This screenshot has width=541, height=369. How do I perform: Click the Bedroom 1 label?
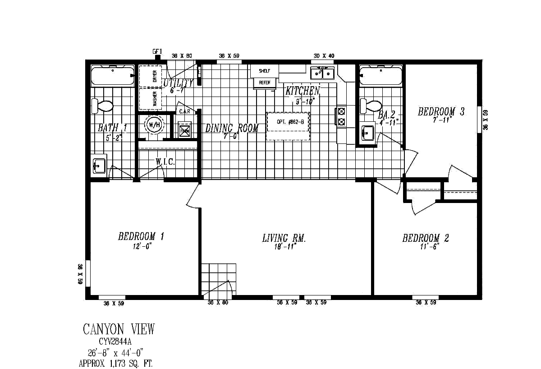pyautogui.click(x=141, y=236)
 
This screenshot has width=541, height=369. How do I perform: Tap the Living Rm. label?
pyautogui.click(x=284, y=238)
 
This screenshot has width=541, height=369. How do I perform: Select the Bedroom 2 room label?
pyautogui.click(x=425, y=238)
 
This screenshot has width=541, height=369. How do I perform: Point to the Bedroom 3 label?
pyautogui.click(x=441, y=112)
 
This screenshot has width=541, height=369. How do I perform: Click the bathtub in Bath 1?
pyautogui.click(x=113, y=76)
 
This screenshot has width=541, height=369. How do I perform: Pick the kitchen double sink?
pyautogui.click(x=322, y=73)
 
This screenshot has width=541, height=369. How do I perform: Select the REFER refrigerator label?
pyautogui.click(x=264, y=83)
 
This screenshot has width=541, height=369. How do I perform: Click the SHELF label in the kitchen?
pyautogui.click(x=264, y=71)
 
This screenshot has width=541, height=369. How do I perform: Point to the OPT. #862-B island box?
pyautogui.click(x=288, y=126)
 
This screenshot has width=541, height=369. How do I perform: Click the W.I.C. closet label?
pyautogui.click(x=165, y=161)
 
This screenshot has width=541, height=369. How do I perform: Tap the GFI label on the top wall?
pyautogui.click(x=157, y=52)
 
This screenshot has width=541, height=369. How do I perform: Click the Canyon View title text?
pyautogui.click(x=119, y=330)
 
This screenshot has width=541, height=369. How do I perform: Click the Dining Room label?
pyautogui.click(x=232, y=128)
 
